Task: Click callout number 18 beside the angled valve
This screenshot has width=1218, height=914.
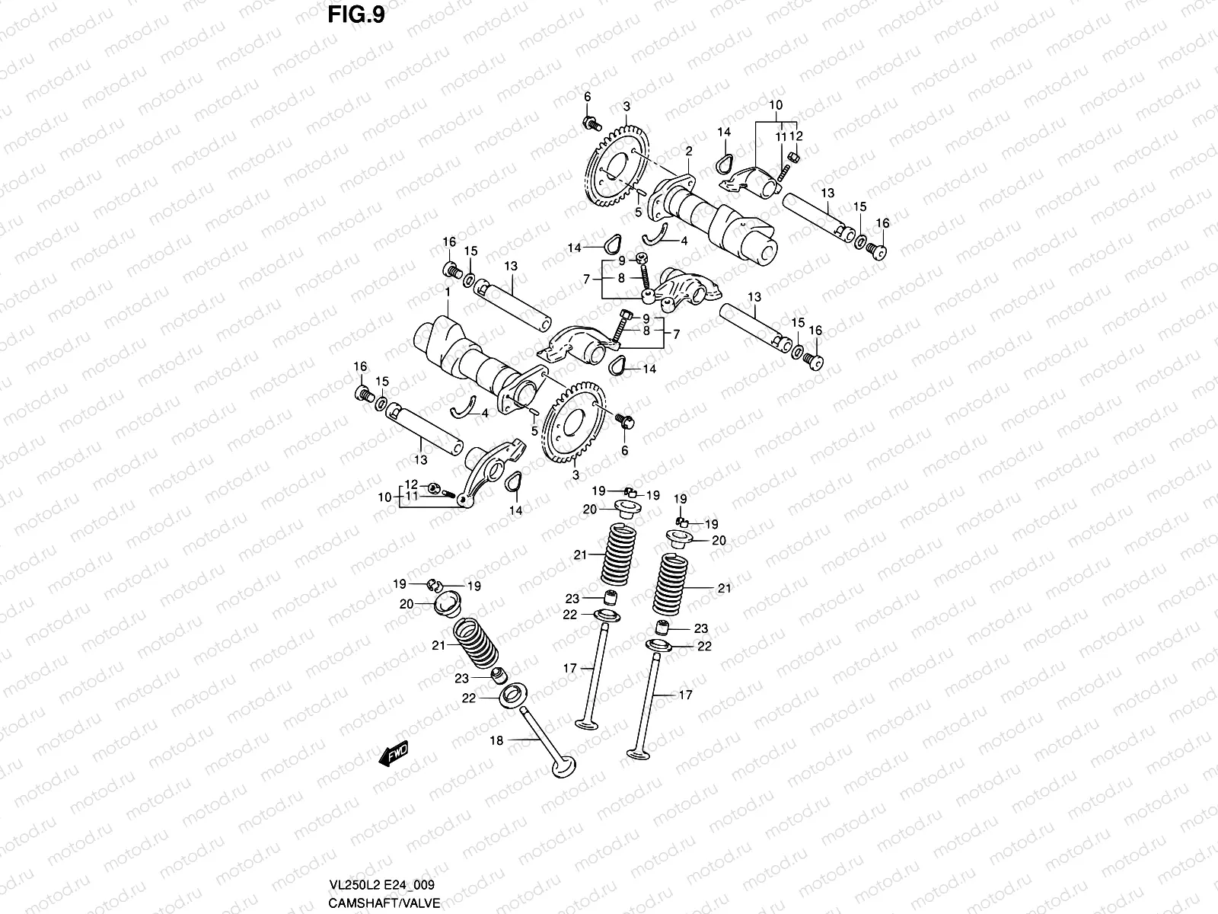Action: [496, 740]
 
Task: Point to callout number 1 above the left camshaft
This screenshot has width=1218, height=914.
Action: [448, 292]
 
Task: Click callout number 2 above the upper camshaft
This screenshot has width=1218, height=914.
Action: [687, 152]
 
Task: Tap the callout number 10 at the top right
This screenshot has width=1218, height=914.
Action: [775, 104]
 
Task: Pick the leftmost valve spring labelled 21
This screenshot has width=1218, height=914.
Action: [476, 646]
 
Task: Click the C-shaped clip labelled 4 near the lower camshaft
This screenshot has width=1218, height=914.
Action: [464, 409]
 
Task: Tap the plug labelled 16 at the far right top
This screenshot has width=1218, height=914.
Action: [880, 250]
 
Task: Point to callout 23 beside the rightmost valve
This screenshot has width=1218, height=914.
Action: [700, 629]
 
